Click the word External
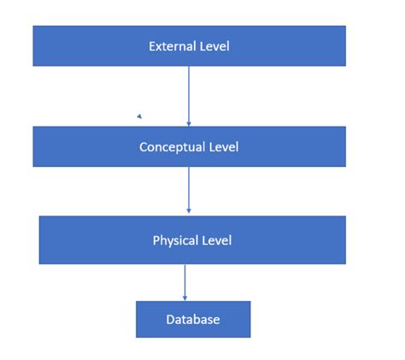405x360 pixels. pos(171,45)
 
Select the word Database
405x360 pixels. pos(193,320)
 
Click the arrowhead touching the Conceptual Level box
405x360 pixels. pos(189,123)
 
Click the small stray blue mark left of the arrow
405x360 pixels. pos(138,115)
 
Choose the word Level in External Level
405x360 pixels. pos(214,45)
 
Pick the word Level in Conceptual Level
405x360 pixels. pos(223,147)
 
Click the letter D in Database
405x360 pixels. pos(169,320)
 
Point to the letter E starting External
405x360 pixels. pos(152,45)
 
